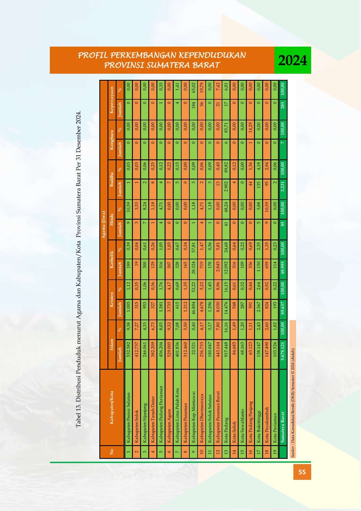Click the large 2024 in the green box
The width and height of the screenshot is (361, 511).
coord(293,61)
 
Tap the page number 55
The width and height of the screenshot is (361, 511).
coord(302,472)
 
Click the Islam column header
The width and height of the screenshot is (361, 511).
coord(112,339)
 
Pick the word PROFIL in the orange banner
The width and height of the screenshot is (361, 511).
coord(90,55)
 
